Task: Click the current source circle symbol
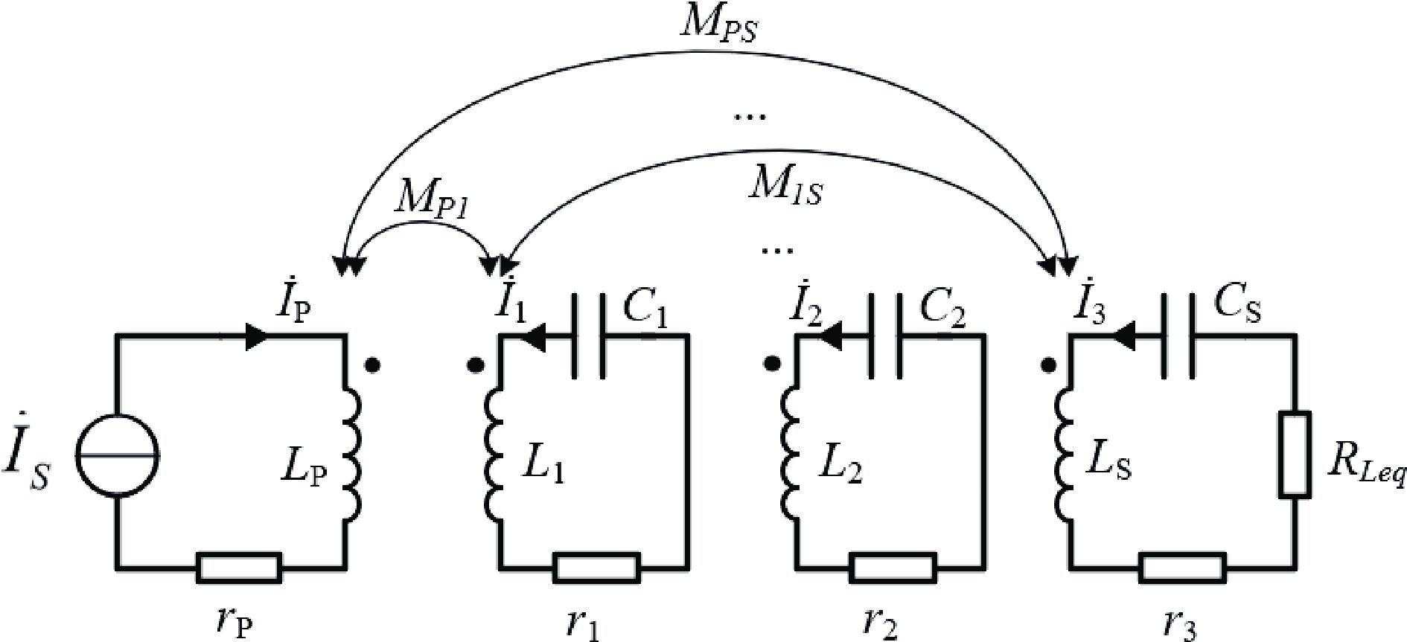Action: pos(116,454)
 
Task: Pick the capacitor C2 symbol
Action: pos(884,336)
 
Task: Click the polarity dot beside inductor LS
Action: pos(1047,365)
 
